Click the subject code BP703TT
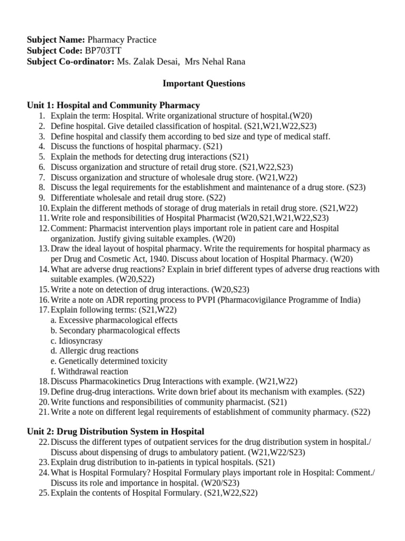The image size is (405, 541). pos(103,51)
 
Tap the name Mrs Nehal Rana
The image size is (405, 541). pos(215,62)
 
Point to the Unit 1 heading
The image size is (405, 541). pos(113,105)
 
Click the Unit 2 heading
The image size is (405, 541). pos(115,432)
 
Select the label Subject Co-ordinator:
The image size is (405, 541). pos(71,62)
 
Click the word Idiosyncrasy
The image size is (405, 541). pos(81,341)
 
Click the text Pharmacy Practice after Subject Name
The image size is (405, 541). pos(122,40)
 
